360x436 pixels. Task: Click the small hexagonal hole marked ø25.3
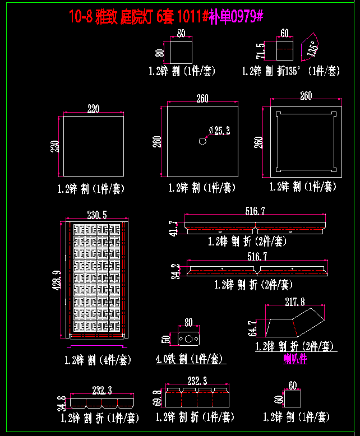tap(202, 141)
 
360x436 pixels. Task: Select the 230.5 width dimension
tap(97, 214)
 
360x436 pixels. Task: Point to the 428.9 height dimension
tap(57, 280)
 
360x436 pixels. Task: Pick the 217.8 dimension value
tap(295, 302)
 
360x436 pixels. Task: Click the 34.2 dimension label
tap(176, 271)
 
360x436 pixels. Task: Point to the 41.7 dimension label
tap(174, 229)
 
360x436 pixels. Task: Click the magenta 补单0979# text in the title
tap(236, 17)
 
